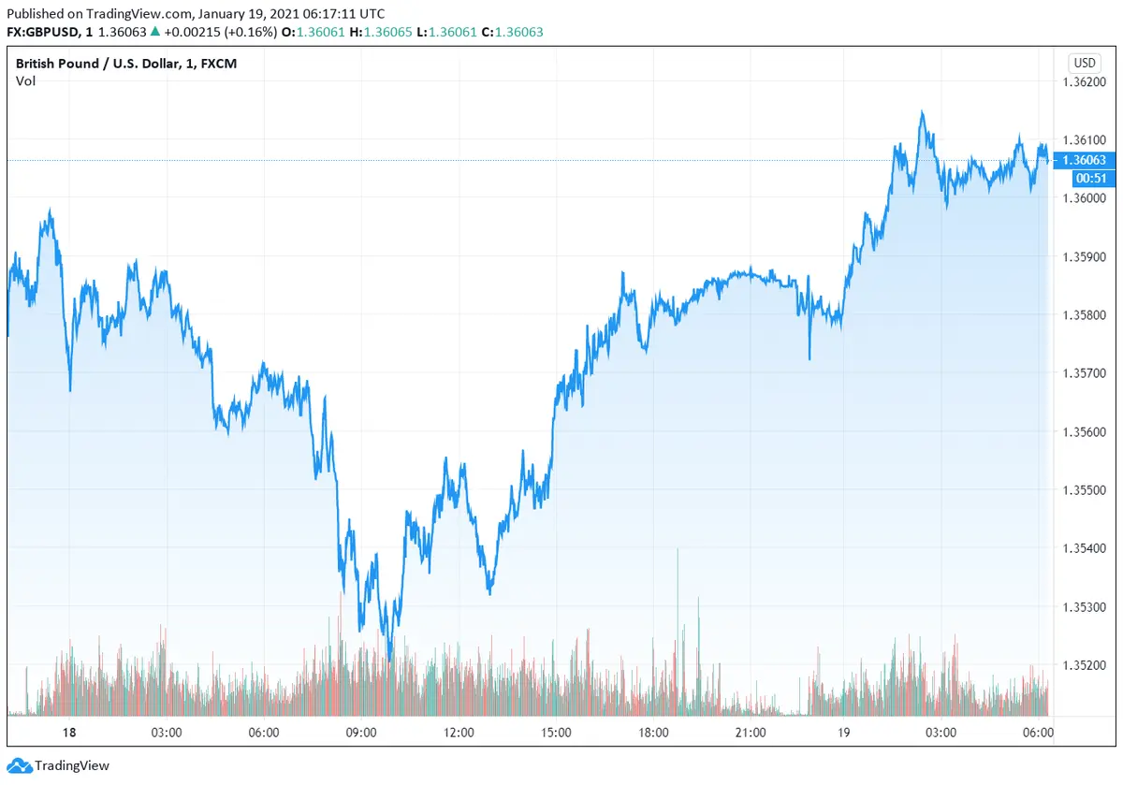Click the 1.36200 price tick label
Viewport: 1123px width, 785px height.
pos(1085,81)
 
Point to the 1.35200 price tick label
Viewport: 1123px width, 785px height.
pos(1085,665)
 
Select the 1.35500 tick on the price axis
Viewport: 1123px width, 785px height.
pos(1085,490)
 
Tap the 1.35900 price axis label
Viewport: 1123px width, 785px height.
pos(1085,256)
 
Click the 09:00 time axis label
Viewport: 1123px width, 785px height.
pos(361,732)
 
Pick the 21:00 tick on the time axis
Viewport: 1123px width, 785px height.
pos(751,732)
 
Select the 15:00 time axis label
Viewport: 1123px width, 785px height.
pos(556,732)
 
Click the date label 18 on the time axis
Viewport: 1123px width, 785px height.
pos(68,732)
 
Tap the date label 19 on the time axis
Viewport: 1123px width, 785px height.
pos(843,732)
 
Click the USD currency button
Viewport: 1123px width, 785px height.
pos(1085,63)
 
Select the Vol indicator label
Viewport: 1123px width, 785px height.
pos(25,81)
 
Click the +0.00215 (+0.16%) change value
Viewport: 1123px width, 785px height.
pos(220,32)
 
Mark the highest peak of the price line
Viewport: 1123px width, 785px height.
pos(922,111)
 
